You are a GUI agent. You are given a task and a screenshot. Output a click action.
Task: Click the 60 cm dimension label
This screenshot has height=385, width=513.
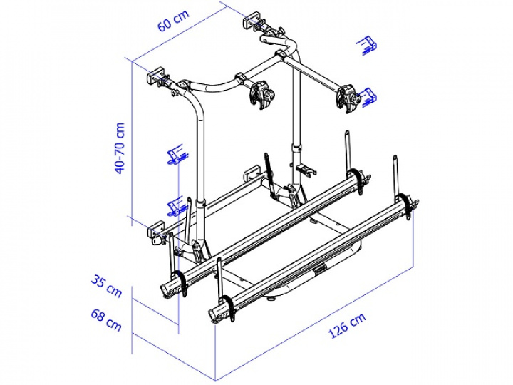coord(174,24)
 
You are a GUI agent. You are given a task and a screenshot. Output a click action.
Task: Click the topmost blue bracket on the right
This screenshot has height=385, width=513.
coord(367,44)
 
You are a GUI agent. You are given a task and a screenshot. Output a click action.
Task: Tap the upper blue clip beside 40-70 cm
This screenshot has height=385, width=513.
coord(176,156)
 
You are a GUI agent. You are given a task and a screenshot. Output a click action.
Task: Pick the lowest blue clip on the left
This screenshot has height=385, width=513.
coord(175,207)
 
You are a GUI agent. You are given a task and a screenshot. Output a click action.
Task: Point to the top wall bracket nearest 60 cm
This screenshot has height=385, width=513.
coord(255,19)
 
